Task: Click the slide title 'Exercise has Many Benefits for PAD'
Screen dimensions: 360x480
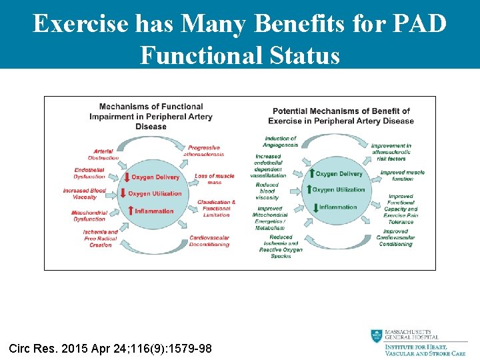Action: [240, 23]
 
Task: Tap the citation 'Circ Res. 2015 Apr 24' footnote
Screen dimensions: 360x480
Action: [110, 348]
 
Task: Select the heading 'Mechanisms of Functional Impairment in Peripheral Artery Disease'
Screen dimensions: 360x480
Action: [151, 116]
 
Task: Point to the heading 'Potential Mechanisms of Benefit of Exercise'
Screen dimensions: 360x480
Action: [341, 116]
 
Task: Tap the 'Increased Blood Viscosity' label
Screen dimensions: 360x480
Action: [85, 194]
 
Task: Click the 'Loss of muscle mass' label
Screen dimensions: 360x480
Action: [214, 179]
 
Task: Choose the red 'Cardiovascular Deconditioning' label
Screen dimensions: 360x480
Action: [209, 241]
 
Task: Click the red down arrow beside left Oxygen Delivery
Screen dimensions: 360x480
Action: [127, 177]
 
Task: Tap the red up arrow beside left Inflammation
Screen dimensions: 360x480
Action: [129, 211]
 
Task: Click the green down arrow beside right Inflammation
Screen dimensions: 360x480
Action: [315, 207]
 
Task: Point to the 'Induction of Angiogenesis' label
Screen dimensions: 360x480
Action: [280, 141]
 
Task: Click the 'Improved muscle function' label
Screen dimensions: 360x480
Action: [402, 175]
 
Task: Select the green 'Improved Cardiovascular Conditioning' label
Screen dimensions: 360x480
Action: [395, 238]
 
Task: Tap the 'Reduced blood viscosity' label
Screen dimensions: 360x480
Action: [267, 191]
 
